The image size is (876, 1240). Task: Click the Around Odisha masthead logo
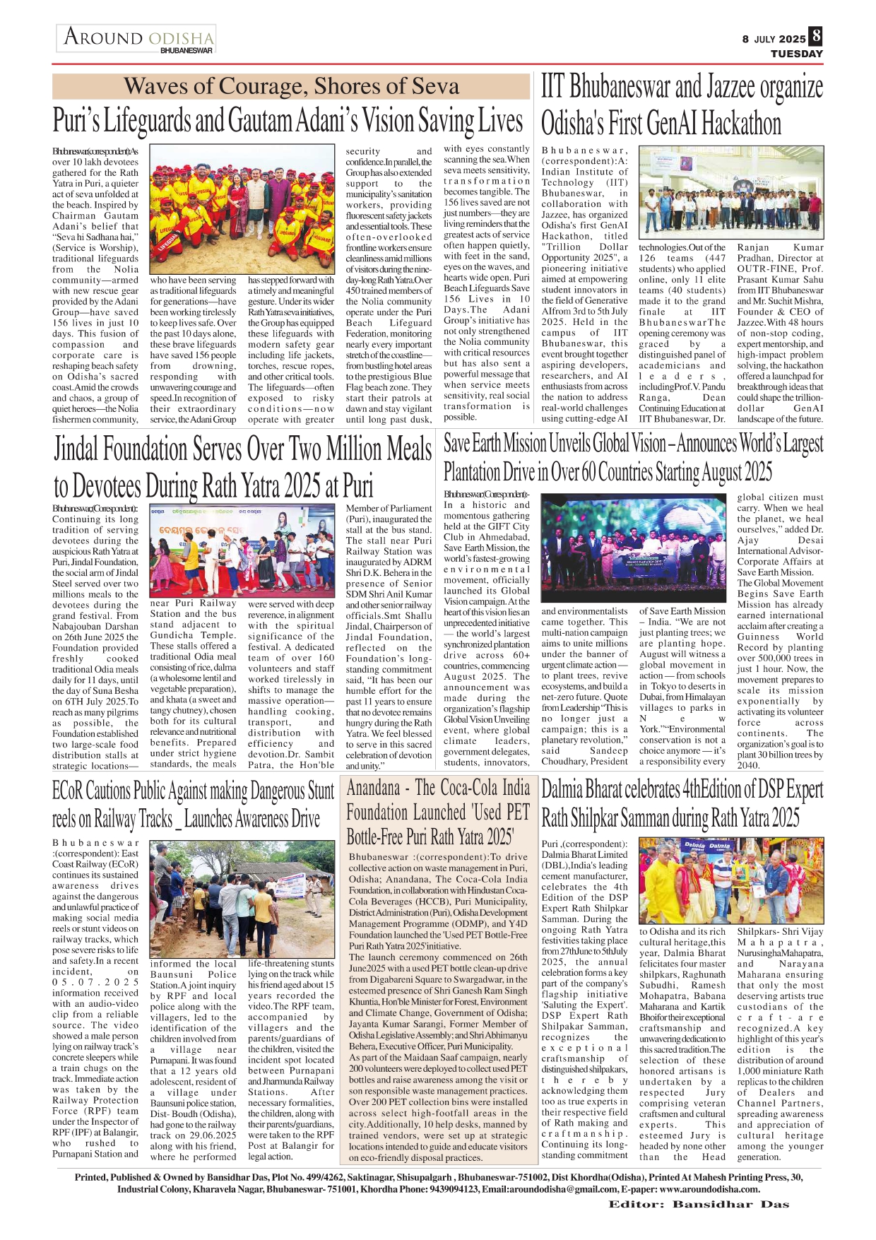click(x=138, y=37)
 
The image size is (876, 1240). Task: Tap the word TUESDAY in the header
click(x=797, y=54)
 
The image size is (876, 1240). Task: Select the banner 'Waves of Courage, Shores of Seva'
click(x=291, y=86)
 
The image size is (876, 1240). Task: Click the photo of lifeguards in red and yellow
click(x=242, y=210)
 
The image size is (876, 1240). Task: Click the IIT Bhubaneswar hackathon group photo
click(x=731, y=192)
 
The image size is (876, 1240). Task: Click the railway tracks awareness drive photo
click(x=242, y=897)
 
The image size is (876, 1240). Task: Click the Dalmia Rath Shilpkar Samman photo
click(x=731, y=880)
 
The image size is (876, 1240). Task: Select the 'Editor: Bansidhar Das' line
click(x=699, y=1205)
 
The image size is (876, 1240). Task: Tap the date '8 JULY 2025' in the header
click(x=774, y=40)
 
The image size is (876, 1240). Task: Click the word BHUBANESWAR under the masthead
click(x=187, y=51)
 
